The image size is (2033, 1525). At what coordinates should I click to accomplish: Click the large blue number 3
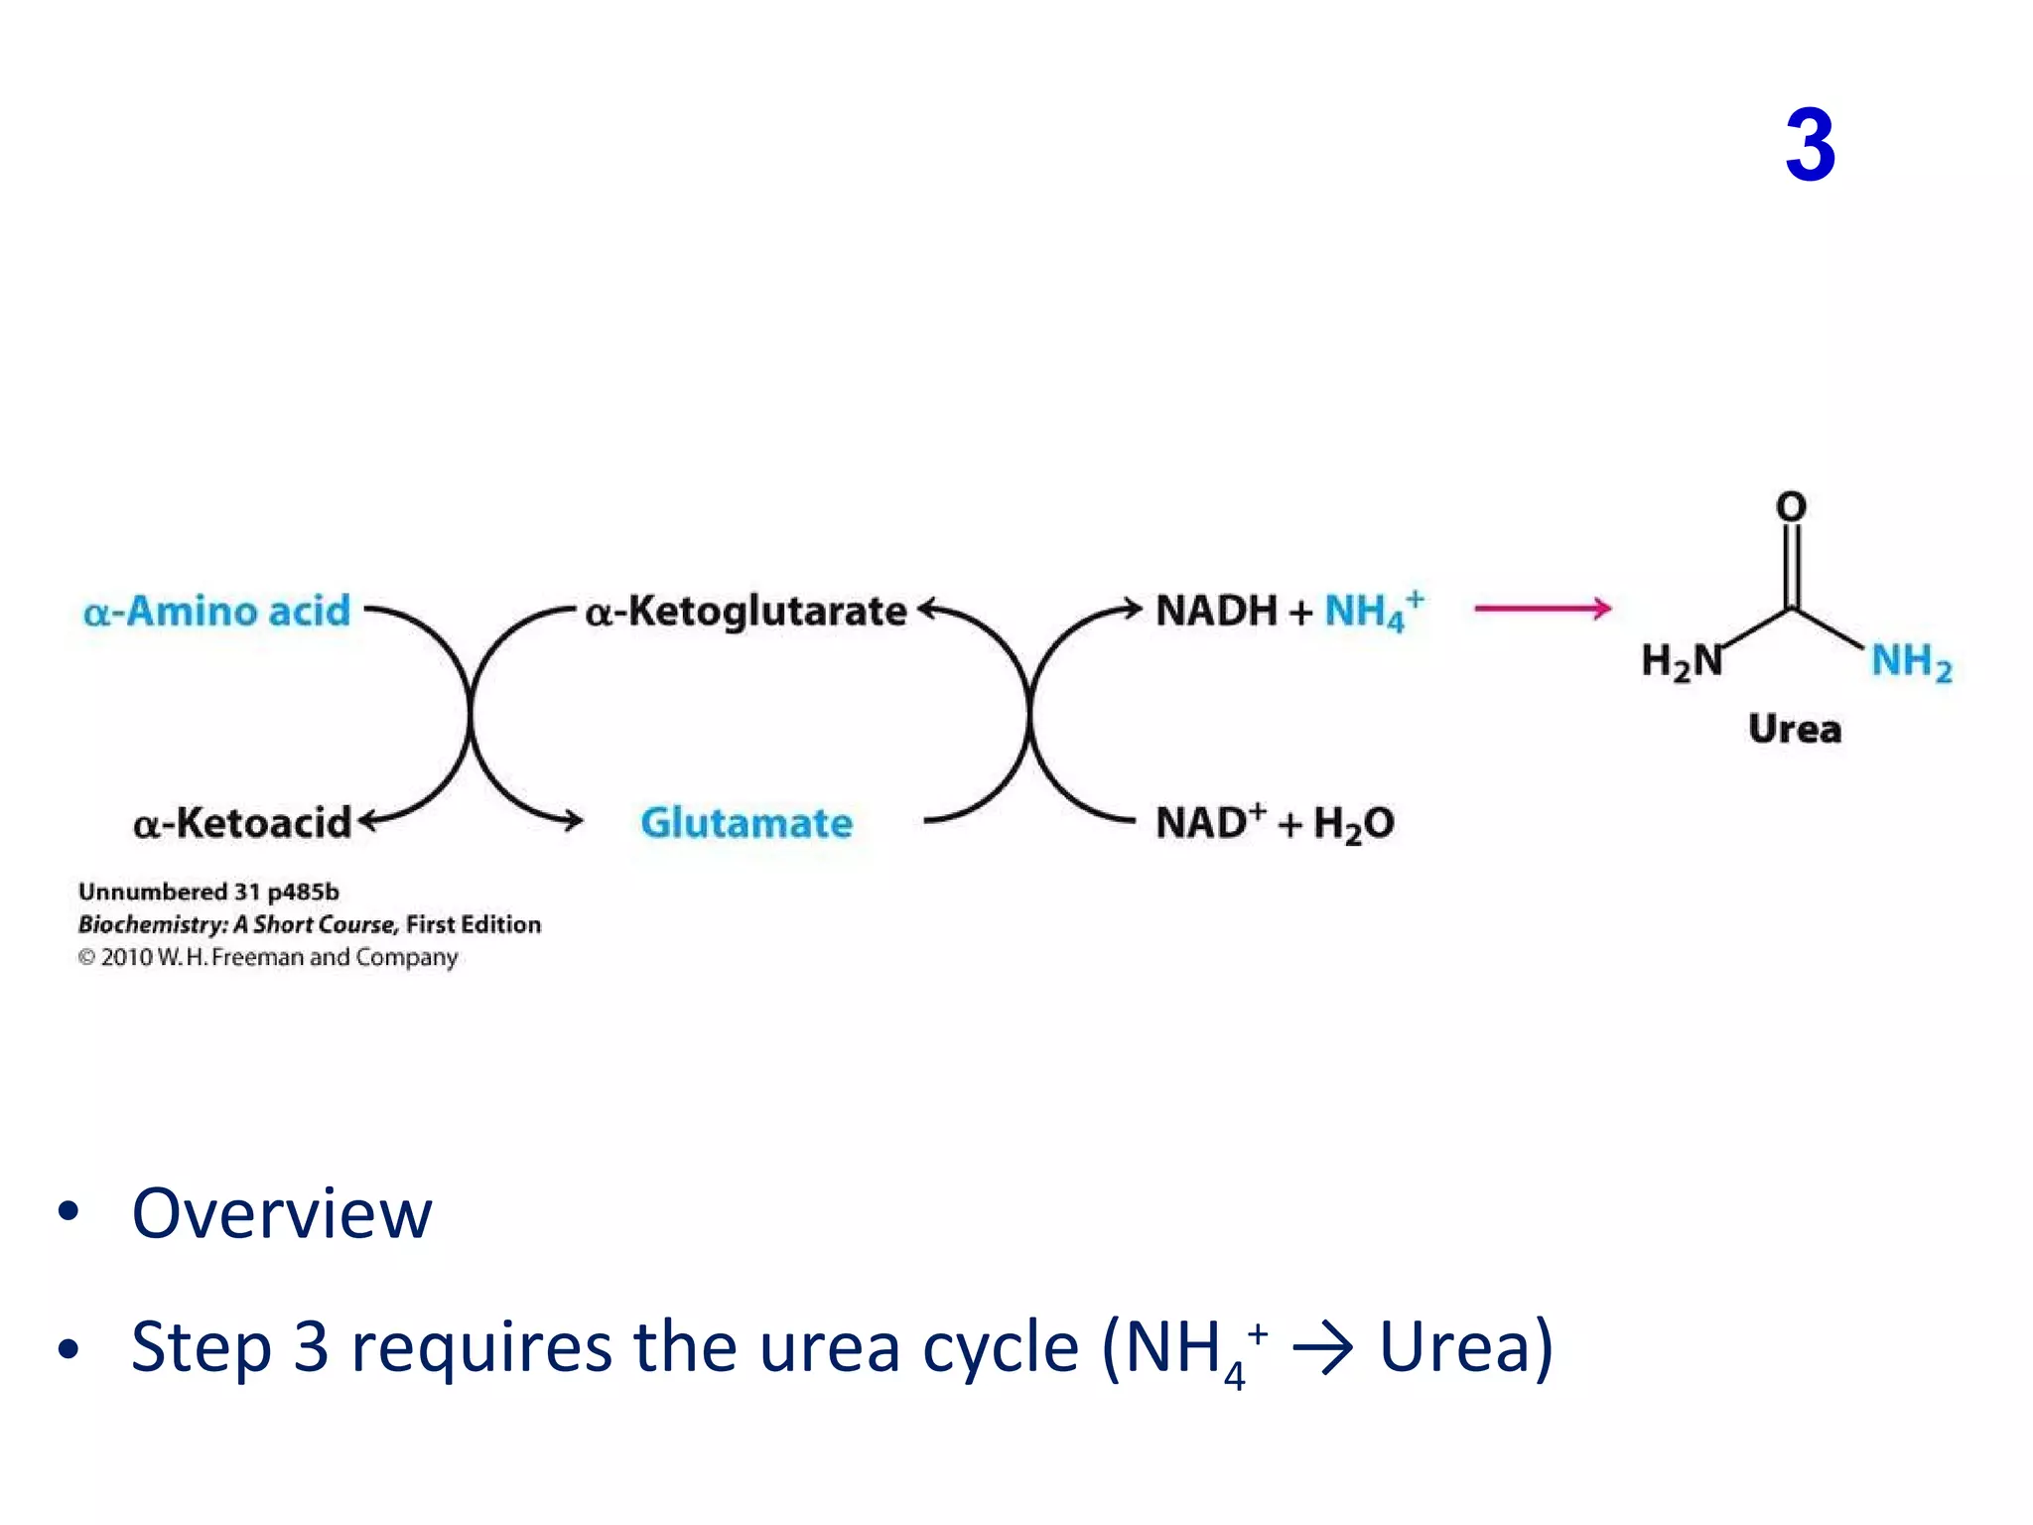pos(1810,146)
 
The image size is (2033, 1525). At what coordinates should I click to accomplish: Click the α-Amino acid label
pos(216,611)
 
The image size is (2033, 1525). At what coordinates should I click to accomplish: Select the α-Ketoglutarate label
pos(745,612)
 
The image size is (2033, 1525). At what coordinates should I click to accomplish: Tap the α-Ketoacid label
pos(242,823)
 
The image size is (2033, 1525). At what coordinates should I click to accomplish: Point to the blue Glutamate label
pos(746,823)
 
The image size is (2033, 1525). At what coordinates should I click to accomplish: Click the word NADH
pos(1216,611)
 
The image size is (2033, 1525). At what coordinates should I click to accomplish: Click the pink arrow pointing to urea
pos(1542,609)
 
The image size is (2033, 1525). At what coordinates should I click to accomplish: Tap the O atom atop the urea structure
pos(1791,507)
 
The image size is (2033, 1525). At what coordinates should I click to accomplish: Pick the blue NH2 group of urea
pos(1911,661)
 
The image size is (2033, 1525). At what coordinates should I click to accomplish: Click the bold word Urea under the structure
pos(1795,729)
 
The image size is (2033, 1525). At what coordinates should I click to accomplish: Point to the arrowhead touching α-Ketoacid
pos(367,820)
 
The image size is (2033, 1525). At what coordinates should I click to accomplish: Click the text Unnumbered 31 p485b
pos(208,892)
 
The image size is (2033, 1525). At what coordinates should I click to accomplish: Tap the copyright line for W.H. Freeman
pos(268,957)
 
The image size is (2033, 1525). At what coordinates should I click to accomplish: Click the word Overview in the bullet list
pos(282,1213)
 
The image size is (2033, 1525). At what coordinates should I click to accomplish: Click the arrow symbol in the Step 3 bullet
pos(1322,1348)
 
